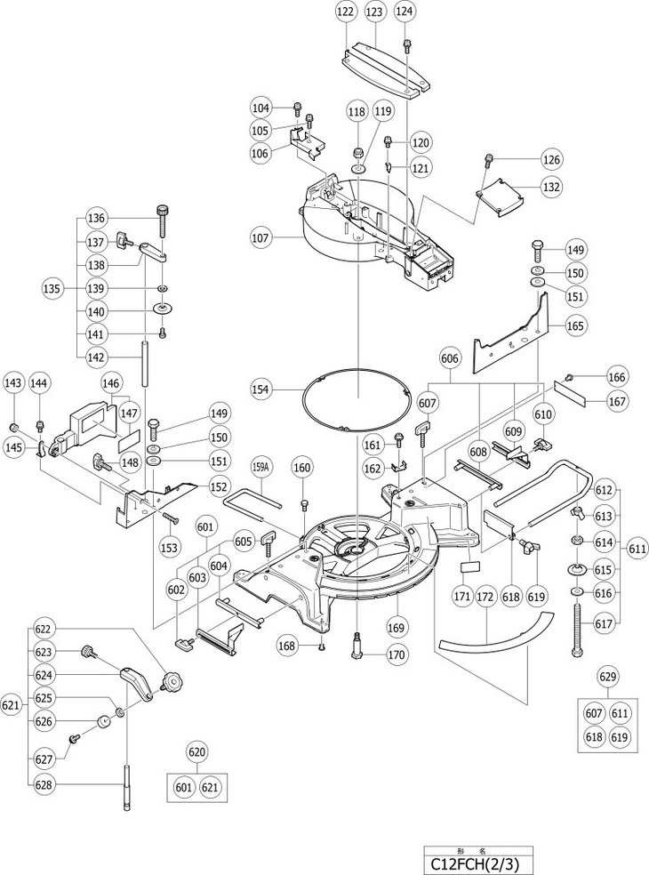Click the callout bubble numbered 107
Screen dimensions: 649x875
pos(260,237)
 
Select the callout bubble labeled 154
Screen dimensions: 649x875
pos(260,389)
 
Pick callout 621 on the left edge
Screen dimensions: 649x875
pos(12,705)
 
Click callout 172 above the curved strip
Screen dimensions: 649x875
pos(486,597)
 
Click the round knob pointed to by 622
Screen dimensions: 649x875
pos(172,681)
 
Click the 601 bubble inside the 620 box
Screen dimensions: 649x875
pos(184,787)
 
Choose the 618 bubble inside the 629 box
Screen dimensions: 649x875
pos(594,737)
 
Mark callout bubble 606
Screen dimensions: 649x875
pos(450,358)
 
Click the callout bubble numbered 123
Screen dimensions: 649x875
pos(374,12)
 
